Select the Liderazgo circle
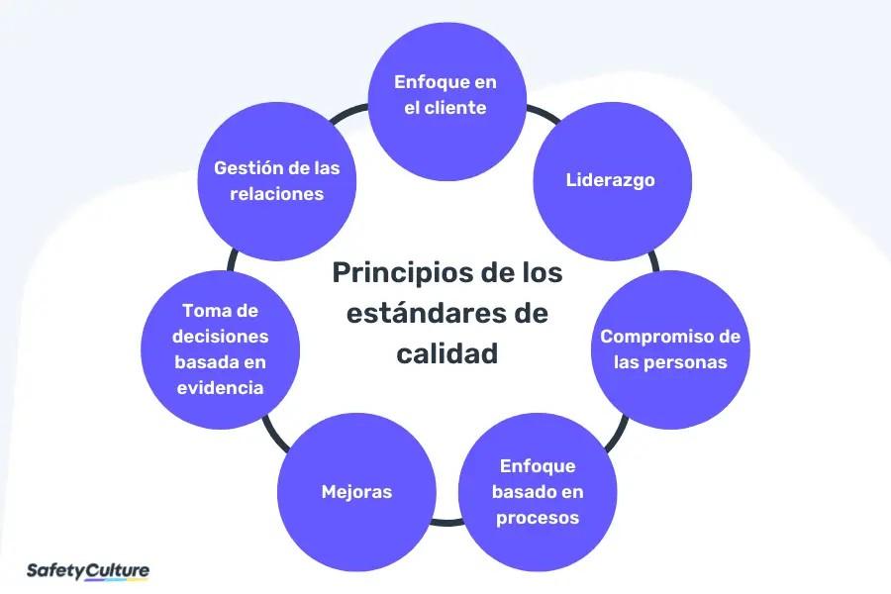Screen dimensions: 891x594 point(611,181)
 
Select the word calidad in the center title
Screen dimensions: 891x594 point(446,353)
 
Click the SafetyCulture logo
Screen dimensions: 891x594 point(87,571)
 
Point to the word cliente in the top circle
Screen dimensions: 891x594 point(455,108)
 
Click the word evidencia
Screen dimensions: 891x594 point(220,388)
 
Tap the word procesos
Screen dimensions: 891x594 point(539,518)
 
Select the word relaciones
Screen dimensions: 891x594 point(276,194)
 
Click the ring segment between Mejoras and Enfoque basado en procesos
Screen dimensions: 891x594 point(447,520)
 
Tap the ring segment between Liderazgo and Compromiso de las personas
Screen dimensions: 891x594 point(653,259)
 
